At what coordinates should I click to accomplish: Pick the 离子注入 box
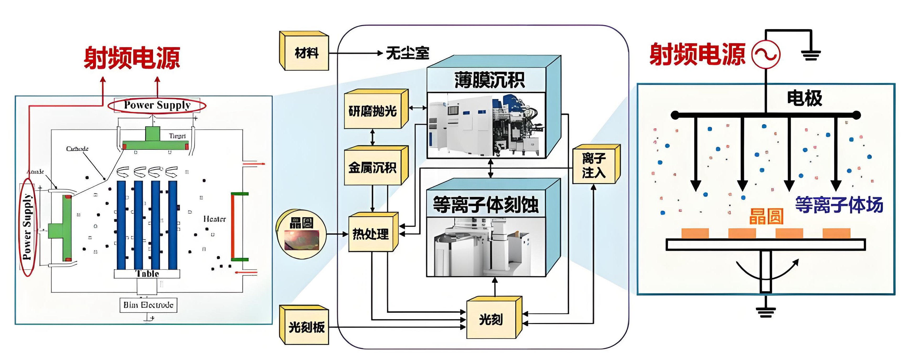tap(594, 165)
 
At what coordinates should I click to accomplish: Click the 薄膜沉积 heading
tap(490, 80)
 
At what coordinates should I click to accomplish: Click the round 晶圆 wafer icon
tap(301, 234)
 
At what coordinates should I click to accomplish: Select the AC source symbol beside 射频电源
tap(766, 54)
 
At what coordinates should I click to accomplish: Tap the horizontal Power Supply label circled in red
tap(157, 105)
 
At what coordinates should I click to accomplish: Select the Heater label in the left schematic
tap(214, 219)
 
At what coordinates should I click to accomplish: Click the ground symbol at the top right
tap(811, 55)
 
